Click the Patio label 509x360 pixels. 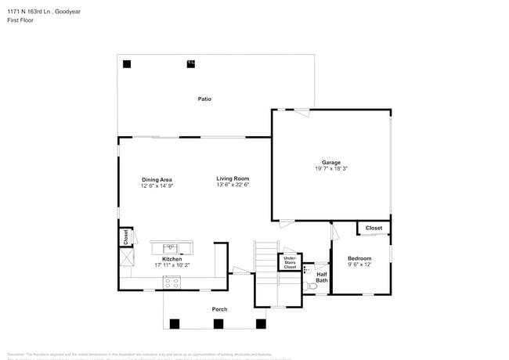coord(204,99)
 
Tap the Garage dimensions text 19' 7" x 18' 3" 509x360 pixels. coord(330,168)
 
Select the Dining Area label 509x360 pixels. coord(157,179)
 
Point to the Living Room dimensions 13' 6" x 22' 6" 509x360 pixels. coord(233,185)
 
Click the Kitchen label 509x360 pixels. coord(171,259)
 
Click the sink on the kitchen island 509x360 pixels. coord(171,248)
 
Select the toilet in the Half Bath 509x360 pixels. coord(312,287)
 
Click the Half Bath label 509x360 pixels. coord(322,276)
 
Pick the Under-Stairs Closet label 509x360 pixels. coord(290,262)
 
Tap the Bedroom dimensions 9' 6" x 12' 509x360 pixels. coord(359,265)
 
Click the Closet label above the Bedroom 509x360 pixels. coord(374,229)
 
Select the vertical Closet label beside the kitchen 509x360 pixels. coord(125,236)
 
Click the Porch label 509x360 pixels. coord(220,309)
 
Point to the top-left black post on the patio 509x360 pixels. coord(128,64)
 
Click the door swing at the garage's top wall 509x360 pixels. coord(301,113)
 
